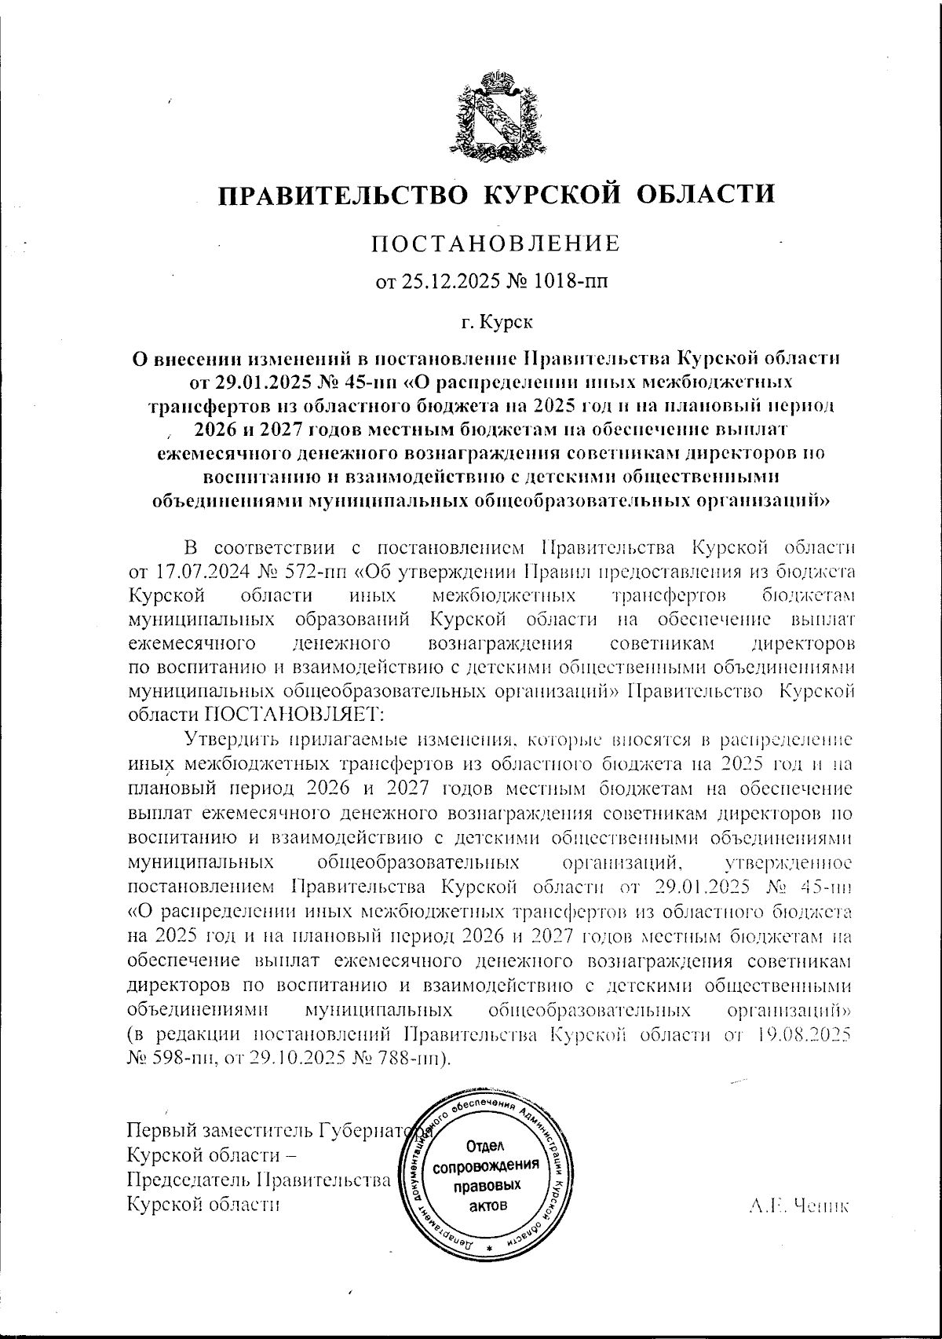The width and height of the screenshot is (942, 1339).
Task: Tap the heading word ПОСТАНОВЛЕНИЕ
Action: coord(495,243)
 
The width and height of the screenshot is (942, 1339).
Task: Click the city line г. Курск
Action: coord(495,320)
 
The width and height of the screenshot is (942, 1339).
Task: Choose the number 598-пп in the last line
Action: coord(171,1057)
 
